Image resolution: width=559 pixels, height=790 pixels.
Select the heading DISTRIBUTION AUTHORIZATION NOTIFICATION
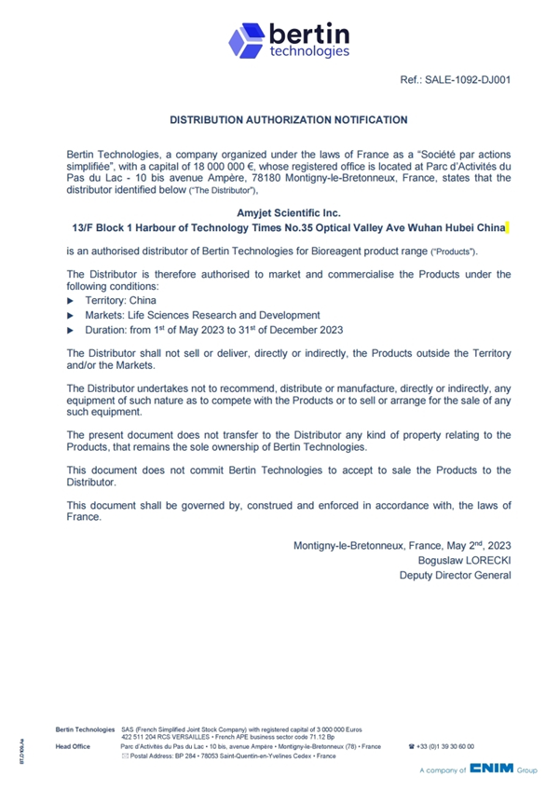pos(289,119)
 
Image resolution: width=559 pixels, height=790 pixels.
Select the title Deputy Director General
pos(455,575)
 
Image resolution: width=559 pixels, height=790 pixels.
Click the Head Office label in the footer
pos(73,746)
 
